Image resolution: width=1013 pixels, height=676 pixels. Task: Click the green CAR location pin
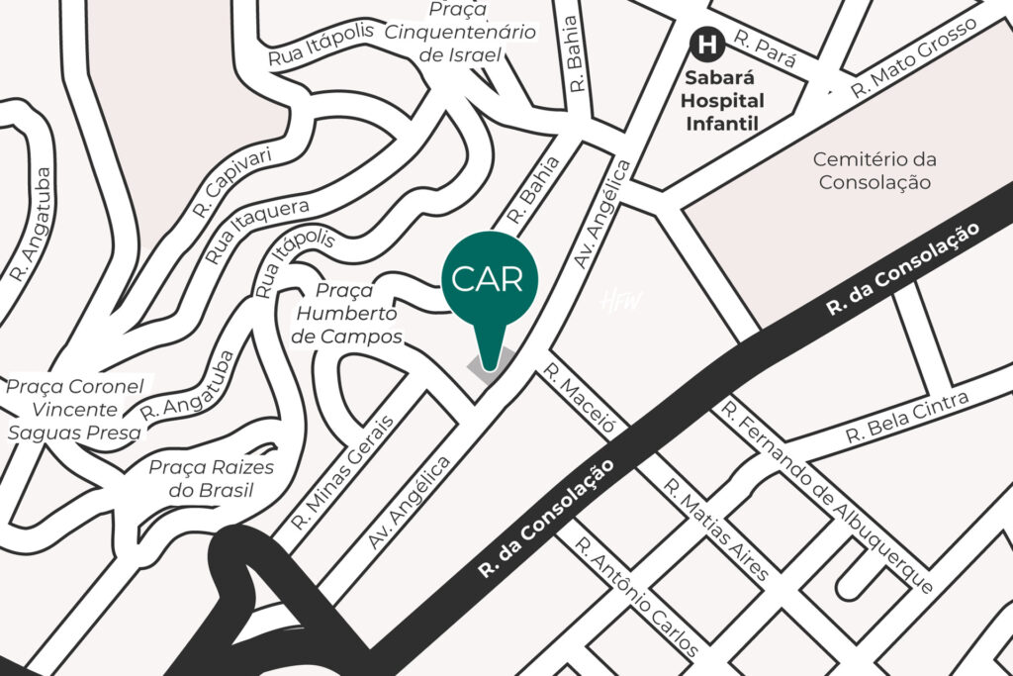tap(490, 280)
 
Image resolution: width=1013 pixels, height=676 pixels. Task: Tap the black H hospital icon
tap(706, 44)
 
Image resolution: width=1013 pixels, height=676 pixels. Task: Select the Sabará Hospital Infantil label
tap(725, 101)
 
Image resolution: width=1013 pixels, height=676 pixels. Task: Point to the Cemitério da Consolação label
tap(875, 170)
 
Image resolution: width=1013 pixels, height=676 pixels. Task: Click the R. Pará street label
tap(765, 50)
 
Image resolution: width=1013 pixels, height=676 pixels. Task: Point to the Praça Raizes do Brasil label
tap(211, 479)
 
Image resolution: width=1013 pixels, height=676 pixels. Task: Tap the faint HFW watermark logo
tap(621, 301)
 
